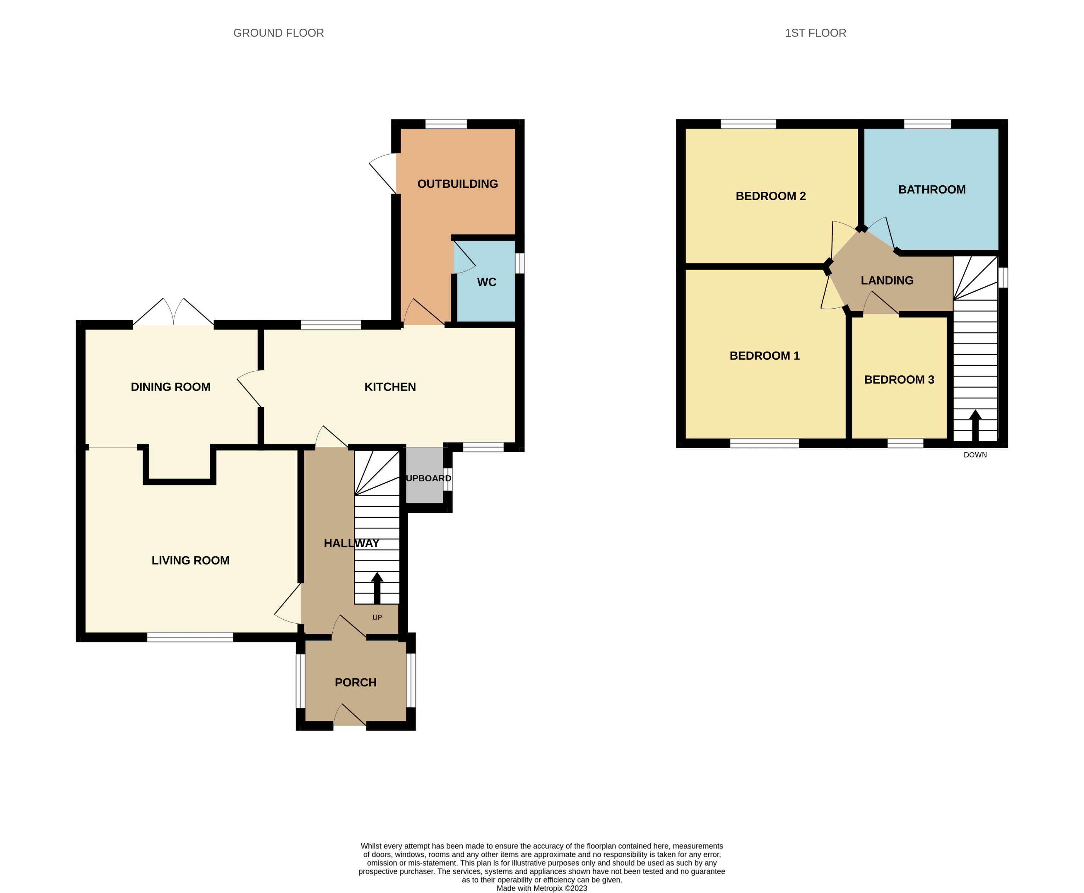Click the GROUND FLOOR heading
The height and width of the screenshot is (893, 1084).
click(278, 33)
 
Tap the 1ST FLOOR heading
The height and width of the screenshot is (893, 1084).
click(815, 33)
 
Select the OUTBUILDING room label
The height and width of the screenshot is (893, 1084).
click(457, 184)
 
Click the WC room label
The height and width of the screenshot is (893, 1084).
click(487, 282)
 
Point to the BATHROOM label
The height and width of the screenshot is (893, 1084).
click(931, 189)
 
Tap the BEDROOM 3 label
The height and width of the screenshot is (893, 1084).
click(899, 380)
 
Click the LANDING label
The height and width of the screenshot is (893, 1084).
click(887, 280)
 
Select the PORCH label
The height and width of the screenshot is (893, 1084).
click(355, 682)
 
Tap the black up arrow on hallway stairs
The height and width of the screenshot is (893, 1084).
click(377, 587)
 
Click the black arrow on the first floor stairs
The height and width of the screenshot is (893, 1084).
click(975, 425)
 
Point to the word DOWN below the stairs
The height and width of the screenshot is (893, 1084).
click(975, 455)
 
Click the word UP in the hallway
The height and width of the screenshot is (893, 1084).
click(377, 617)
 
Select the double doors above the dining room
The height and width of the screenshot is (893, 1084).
click(173, 313)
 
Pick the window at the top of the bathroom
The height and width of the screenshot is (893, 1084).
click(927, 123)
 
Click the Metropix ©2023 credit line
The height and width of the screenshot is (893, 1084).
click(541, 888)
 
